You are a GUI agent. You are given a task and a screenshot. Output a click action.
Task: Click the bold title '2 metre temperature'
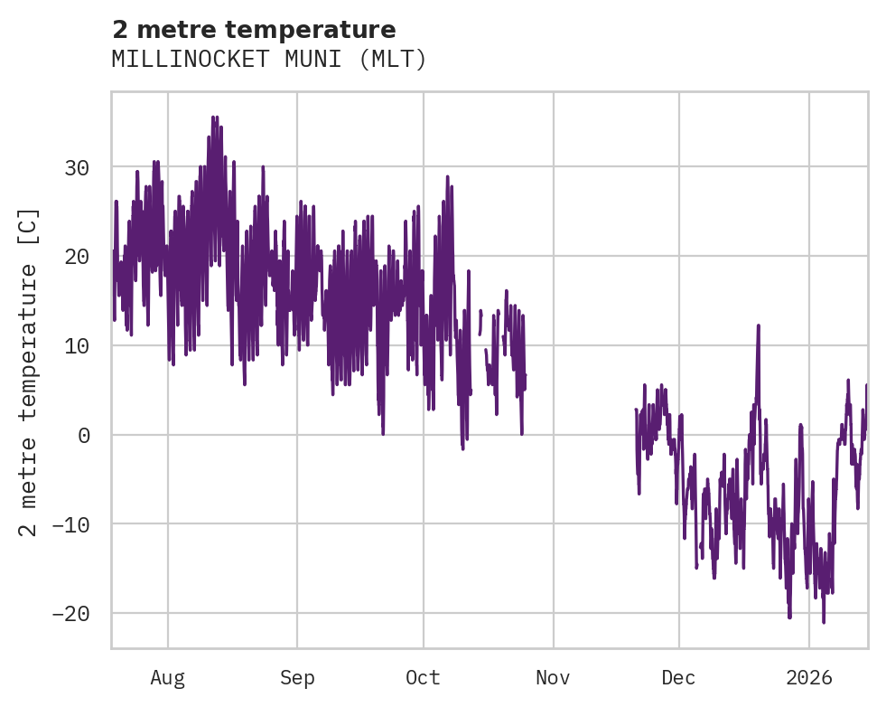253,29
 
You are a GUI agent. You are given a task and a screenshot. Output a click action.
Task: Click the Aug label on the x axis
168,677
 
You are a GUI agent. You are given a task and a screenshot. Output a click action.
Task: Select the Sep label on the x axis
296,677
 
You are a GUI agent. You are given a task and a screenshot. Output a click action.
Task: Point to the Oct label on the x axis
423,677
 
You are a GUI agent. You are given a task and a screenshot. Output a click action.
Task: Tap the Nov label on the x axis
553,677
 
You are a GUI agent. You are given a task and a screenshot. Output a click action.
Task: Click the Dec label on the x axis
678,677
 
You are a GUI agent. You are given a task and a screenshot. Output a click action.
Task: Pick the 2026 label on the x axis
809,677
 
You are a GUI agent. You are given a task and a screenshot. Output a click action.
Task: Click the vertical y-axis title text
30,372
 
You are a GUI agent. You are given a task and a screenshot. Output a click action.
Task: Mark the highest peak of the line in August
214,117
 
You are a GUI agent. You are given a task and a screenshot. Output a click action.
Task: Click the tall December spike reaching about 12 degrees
759,325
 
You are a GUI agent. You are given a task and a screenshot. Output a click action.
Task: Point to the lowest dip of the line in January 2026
824,622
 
